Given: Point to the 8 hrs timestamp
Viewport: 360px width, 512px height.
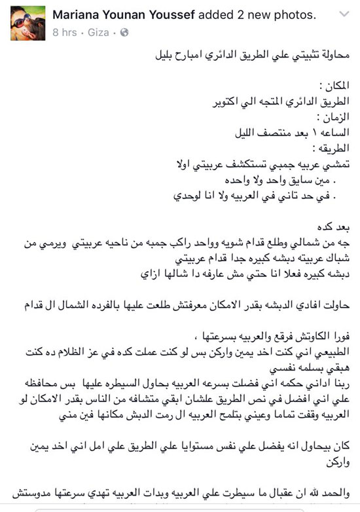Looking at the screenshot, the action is [64, 31].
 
